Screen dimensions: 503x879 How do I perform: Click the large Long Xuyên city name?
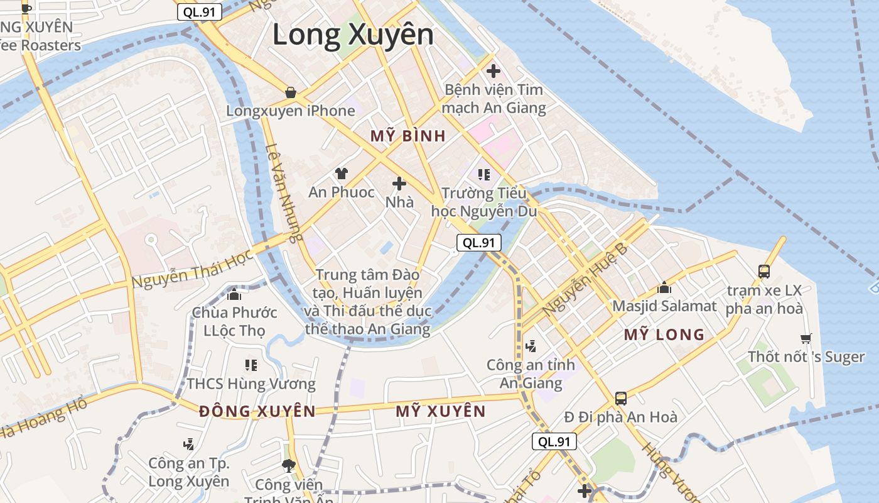353,35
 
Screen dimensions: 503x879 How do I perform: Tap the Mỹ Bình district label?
408,136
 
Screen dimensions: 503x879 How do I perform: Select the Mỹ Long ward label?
664,334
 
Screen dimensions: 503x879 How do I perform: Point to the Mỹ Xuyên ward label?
441,411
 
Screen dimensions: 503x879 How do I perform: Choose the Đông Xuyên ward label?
257,411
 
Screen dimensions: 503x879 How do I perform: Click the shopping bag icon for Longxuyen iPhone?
291,92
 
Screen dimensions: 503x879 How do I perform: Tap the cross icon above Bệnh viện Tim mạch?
493,71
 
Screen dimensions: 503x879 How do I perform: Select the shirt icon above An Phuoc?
342,173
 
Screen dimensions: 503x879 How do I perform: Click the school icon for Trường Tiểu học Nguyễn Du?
483,174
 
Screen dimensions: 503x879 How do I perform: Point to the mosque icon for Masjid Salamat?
664,288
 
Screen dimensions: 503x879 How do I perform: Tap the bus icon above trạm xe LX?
764,272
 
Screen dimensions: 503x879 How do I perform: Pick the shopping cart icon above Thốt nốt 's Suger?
806,338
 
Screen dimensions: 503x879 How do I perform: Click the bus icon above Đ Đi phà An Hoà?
621,398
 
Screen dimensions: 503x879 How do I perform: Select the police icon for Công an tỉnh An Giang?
531,345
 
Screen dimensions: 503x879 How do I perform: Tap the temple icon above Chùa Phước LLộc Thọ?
234,294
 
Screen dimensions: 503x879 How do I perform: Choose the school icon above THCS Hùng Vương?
251,365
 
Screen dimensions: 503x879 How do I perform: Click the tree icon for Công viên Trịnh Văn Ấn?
289,466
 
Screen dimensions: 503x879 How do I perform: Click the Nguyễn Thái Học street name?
192,268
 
